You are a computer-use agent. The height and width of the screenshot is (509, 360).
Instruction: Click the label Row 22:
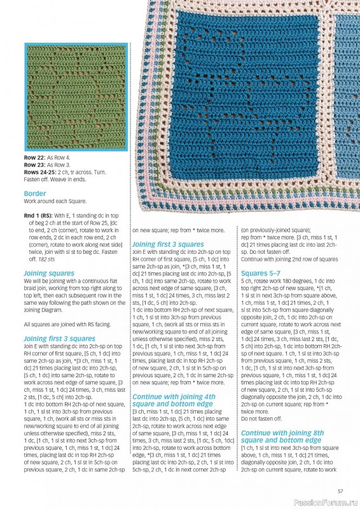35,157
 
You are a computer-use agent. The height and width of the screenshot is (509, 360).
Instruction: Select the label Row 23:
35,164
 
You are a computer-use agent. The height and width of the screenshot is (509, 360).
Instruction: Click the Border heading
35,193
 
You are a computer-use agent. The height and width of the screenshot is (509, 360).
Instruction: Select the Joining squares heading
49,273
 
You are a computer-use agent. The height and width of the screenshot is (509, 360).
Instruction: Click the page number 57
340,490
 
